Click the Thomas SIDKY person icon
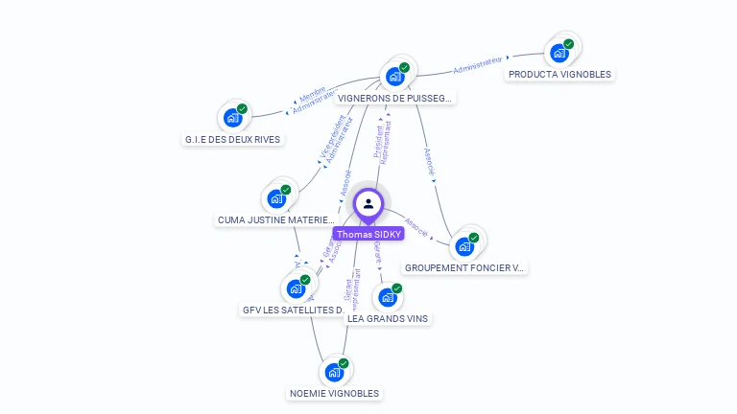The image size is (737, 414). click(x=368, y=204)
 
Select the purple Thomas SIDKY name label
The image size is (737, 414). click(x=368, y=234)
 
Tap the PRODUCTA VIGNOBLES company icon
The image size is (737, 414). click(x=559, y=53)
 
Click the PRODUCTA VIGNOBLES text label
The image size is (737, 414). click(x=559, y=74)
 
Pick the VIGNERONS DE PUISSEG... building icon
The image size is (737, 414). click(x=395, y=76)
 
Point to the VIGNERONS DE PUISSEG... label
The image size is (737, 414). click(x=395, y=98)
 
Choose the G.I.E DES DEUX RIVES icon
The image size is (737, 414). click(x=232, y=118)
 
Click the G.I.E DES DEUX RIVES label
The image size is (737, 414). click(x=232, y=139)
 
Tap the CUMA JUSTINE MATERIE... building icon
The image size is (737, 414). click(x=276, y=198)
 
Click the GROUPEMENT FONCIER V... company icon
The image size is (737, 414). click(x=465, y=246)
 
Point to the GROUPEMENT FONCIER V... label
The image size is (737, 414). click(x=465, y=267)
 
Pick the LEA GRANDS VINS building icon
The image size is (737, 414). click(x=388, y=297)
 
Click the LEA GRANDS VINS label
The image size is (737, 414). click(x=388, y=318)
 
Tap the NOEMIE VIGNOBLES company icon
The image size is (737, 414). click(x=334, y=372)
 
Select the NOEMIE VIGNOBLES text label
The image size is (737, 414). click(x=334, y=393)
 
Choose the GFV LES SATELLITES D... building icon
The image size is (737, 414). click(x=296, y=287)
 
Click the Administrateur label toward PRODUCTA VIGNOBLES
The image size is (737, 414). click(x=478, y=65)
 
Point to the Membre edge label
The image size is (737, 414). click(x=313, y=95)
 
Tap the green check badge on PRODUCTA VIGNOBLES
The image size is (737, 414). click(x=569, y=44)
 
